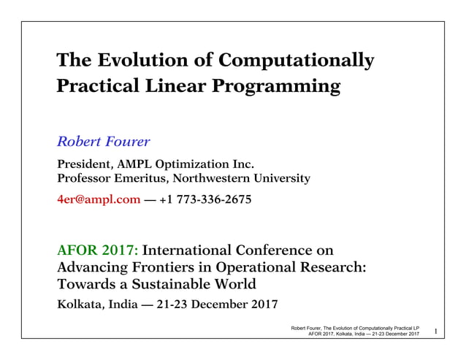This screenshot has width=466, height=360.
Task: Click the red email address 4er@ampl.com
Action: [x=99, y=199]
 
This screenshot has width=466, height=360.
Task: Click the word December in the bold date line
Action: [x=224, y=304]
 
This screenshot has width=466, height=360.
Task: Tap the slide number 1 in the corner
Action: [x=435, y=333]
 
